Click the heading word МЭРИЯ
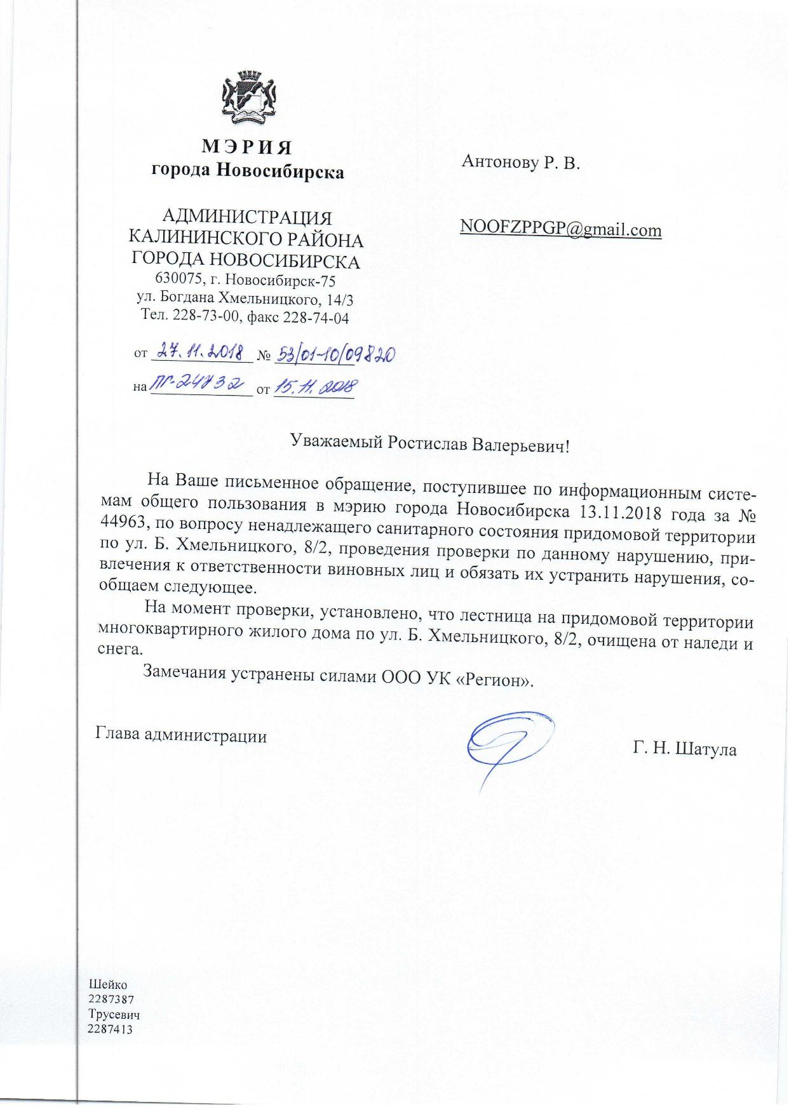tap(247, 147)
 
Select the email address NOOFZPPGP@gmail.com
tap(560, 229)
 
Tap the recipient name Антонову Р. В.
tap(521, 163)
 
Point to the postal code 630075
tap(179, 279)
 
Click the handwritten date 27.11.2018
tap(201, 351)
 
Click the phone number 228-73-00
tap(201, 317)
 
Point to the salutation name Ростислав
tap(428, 443)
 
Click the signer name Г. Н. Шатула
tap(684, 750)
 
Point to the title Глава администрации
tap(181, 735)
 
